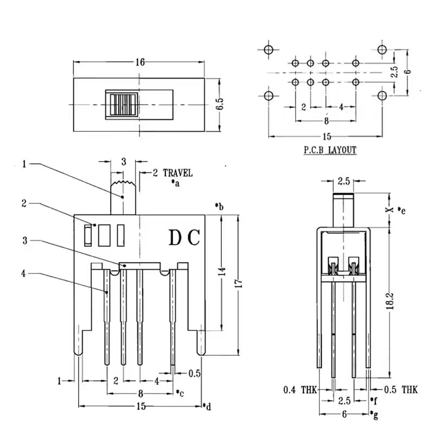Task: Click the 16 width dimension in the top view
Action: pyautogui.click(x=141, y=62)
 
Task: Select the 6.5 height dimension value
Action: pyautogui.click(x=219, y=104)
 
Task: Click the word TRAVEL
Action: pyautogui.click(x=177, y=174)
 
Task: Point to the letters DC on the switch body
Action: pyautogui.click(x=185, y=238)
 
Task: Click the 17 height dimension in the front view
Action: pyautogui.click(x=241, y=284)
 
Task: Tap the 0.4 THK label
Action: pyautogui.click(x=300, y=389)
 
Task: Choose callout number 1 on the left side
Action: pyautogui.click(x=24, y=163)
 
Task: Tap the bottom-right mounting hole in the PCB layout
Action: pyautogui.click(x=382, y=96)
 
